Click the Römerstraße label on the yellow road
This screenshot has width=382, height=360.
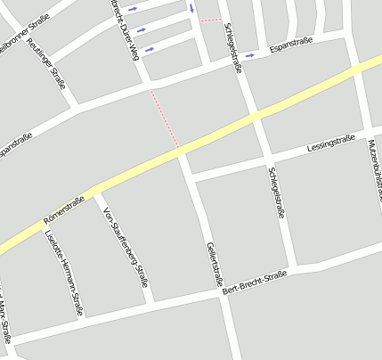[63, 209]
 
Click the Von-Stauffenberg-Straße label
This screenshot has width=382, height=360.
[126, 247]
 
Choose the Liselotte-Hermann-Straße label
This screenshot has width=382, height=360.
[63, 274]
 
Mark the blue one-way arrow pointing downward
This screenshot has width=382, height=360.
[191, 8]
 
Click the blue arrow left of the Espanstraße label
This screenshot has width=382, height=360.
[250, 54]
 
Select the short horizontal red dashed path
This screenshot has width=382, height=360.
[210, 19]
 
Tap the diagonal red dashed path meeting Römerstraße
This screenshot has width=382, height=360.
[165, 118]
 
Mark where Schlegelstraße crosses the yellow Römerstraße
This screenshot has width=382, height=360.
[256, 117]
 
